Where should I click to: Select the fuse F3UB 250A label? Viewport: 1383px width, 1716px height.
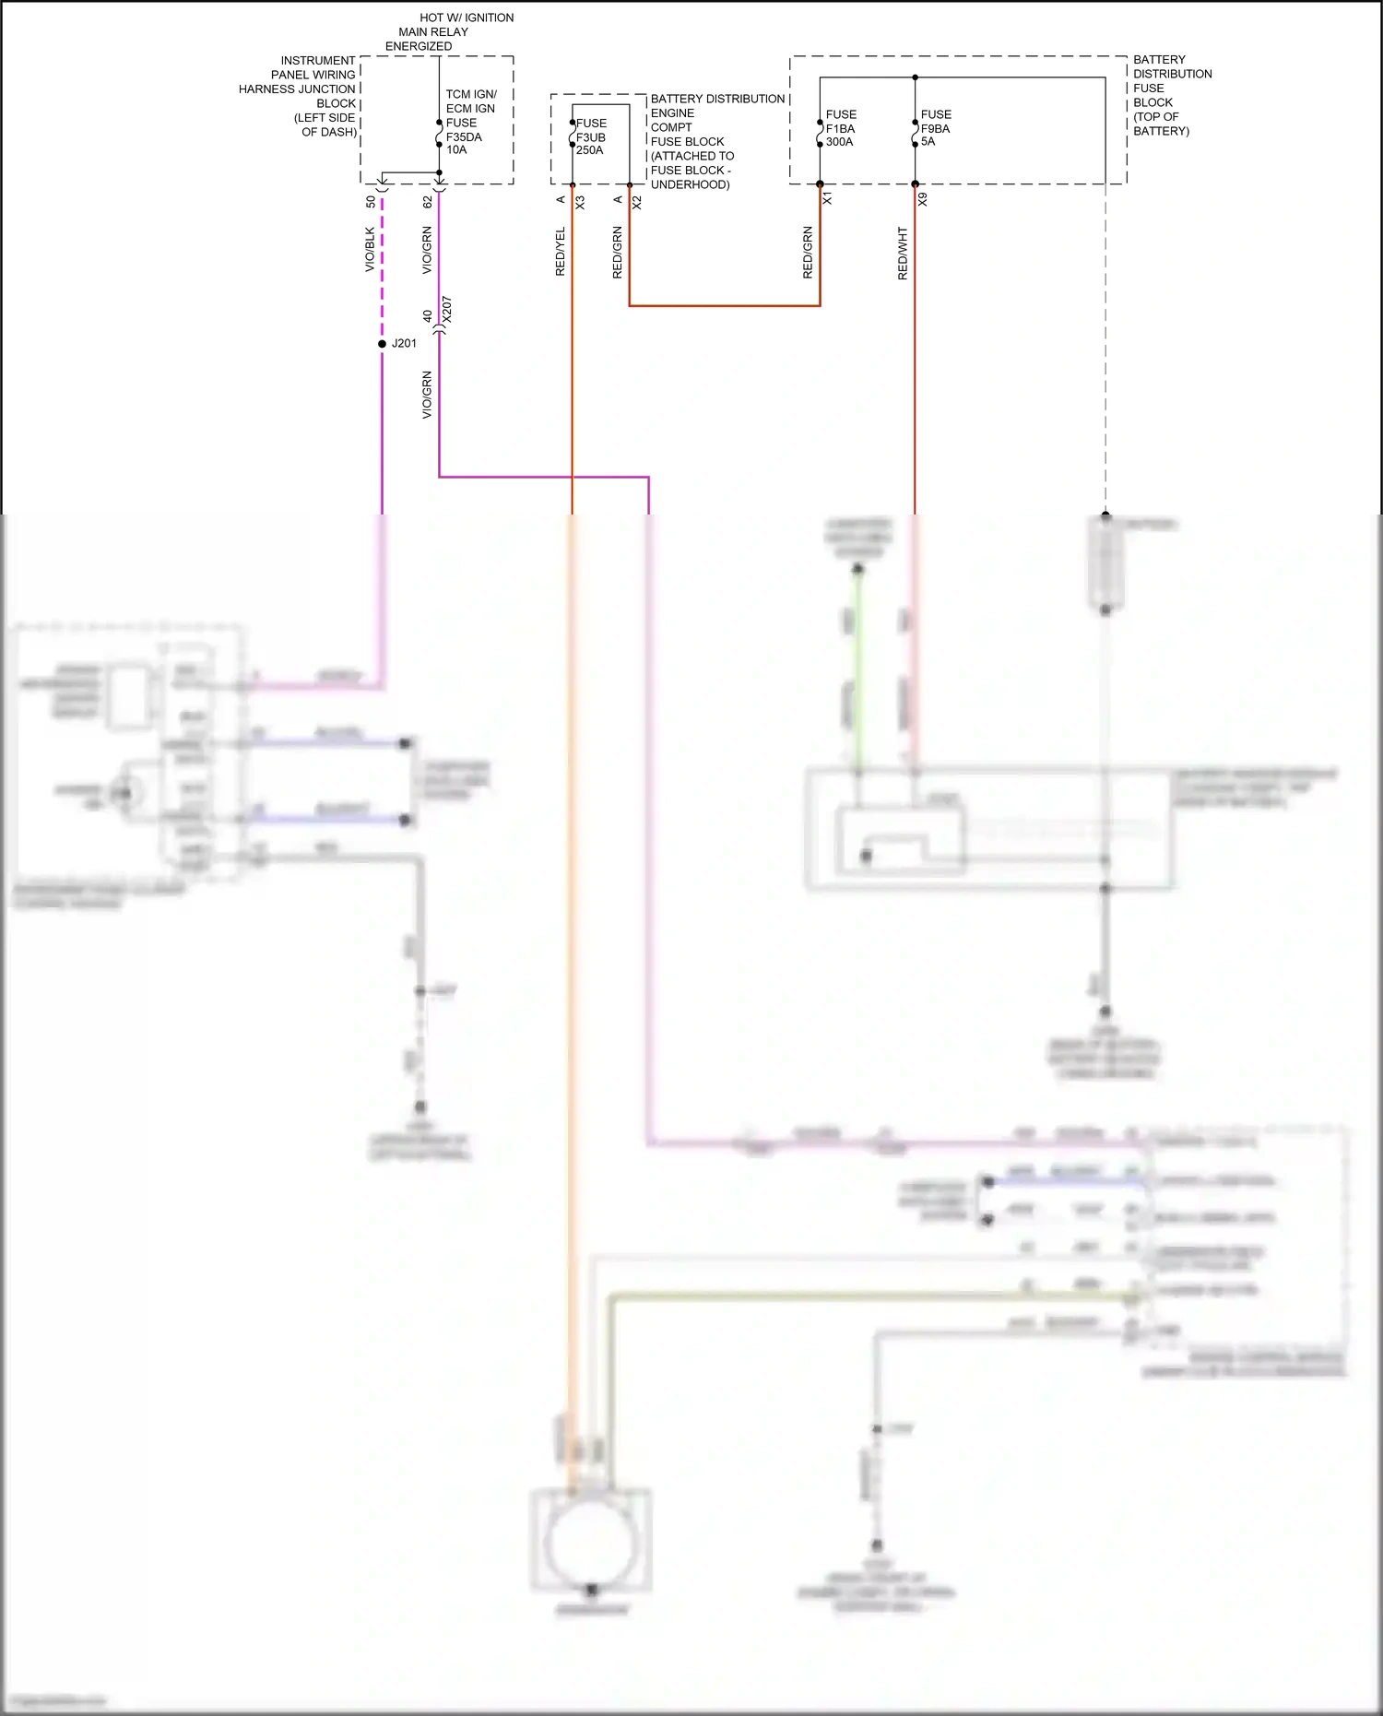(x=591, y=136)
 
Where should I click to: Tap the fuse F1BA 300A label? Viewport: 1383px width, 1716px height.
(x=841, y=128)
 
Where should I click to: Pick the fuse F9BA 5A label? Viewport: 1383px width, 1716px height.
(x=935, y=128)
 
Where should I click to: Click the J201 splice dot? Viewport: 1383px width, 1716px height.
(x=383, y=344)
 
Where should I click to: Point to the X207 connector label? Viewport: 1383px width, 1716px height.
(x=447, y=309)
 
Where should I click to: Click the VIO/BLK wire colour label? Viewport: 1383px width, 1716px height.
(x=370, y=249)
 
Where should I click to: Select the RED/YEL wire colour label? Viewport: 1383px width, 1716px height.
(x=560, y=252)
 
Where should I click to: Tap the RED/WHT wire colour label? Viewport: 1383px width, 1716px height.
(x=903, y=254)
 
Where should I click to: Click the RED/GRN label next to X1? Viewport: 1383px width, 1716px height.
(x=808, y=253)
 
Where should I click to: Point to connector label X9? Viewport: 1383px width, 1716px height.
(x=923, y=198)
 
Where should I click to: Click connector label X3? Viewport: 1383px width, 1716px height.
(x=580, y=202)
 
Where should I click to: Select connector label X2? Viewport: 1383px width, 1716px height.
(x=637, y=202)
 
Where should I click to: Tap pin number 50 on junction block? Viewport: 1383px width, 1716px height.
(x=371, y=201)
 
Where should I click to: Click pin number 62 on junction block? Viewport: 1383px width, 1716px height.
(x=428, y=201)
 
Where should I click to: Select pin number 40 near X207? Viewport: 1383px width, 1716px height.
(x=428, y=315)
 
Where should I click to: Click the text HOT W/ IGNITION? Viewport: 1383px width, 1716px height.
(x=467, y=18)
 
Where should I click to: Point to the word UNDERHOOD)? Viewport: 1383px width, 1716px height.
(x=690, y=184)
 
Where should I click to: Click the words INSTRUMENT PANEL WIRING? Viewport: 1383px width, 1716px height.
(x=313, y=67)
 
